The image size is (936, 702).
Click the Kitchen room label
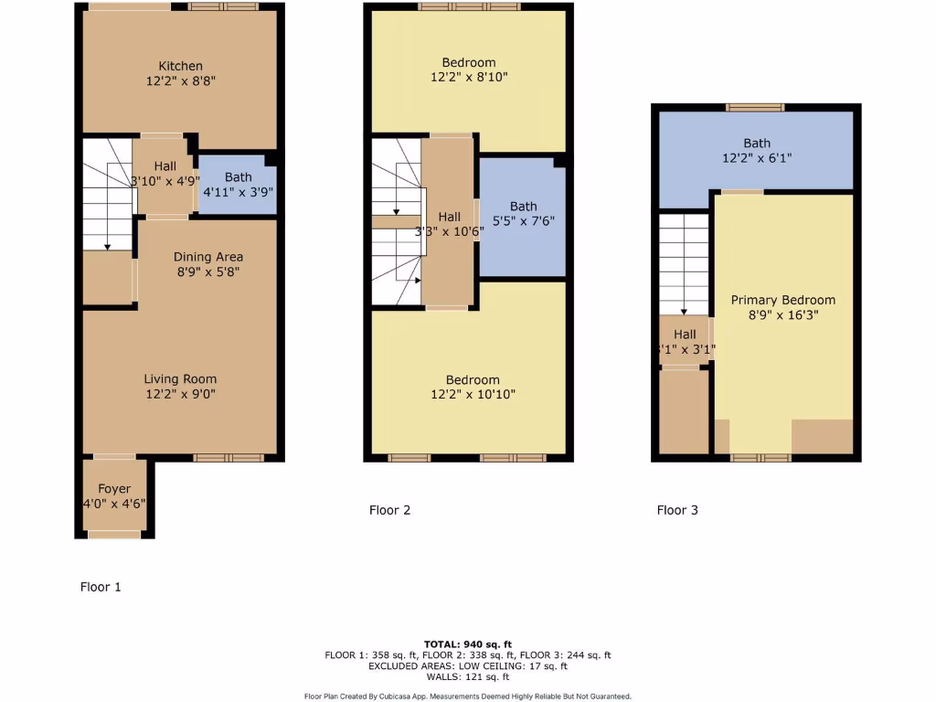181,66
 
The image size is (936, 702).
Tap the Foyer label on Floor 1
114,489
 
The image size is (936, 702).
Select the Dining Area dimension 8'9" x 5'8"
207,271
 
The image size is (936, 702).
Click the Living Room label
180,378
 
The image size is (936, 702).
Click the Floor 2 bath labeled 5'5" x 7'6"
524,213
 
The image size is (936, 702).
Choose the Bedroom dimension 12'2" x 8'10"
468,78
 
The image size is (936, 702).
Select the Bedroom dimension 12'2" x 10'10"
473,394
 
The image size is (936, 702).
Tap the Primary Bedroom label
782,300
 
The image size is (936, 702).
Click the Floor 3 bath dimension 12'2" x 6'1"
757,157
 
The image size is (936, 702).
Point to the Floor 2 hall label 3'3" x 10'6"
449,224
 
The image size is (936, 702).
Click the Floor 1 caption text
101,587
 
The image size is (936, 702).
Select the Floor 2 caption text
389,510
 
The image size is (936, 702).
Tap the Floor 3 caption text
677,510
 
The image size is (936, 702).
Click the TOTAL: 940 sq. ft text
467,643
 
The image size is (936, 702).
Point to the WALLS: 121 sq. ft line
467,676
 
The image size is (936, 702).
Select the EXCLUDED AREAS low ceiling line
467,665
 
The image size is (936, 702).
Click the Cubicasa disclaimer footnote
467,697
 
